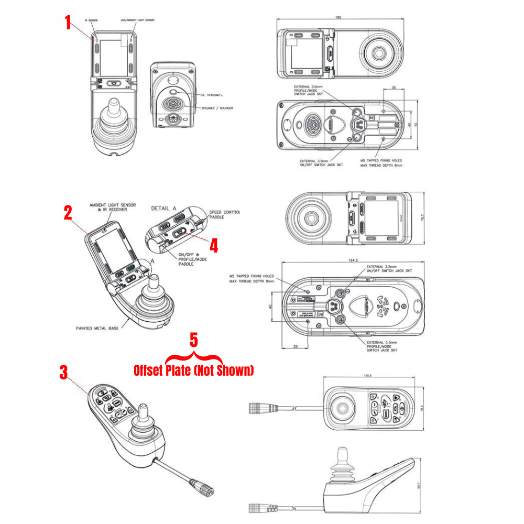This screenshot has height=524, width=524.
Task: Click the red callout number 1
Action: [x=68, y=23]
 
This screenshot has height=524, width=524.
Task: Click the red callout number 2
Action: [x=68, y=213]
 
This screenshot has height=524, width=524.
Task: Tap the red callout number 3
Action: [x=63, y=373]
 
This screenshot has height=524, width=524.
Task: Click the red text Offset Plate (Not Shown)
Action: [x=193, y=370]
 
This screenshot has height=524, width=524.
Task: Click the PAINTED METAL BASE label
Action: [x=97, y=329]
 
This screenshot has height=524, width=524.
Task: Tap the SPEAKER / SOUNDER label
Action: [x=215, y=108]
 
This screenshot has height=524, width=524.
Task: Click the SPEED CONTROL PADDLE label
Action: [x=224, y=214]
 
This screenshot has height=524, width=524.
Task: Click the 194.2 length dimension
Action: [x=353, y=260]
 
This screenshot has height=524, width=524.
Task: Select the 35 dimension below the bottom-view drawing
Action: [x=296, y=347]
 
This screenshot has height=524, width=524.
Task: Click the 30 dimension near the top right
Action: [x=394, y=89]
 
